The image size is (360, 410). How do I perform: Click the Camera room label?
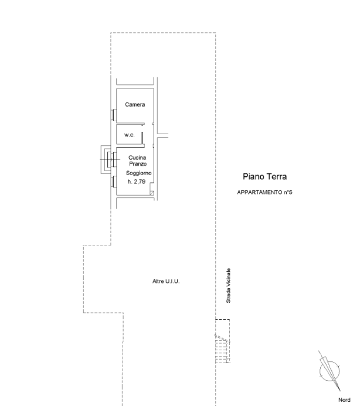[x=135, y=105]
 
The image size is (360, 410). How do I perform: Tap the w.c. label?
[x=130, y=135]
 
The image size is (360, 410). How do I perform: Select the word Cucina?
[x=137, y=158]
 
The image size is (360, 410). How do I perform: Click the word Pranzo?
[x=138, y=164]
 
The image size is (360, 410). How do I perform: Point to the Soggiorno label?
[x=139, y=173]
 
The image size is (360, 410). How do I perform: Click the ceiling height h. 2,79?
[x=137, y=182]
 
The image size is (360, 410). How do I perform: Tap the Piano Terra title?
[x=264, y=176]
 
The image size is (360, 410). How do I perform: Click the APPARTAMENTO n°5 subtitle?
[x=264, y=193]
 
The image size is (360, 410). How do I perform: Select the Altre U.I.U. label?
[x=166, y=281]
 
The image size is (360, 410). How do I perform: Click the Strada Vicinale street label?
[x=229, y=286]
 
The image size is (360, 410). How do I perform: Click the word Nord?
[x=344, y=400]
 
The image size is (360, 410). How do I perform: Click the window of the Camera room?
[x=114, y=115]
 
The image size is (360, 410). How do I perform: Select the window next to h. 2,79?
[x=114, y=182]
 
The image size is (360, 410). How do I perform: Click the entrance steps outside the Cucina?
[x=106, y=159]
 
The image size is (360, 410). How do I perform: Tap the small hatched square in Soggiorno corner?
[x=152, y=193]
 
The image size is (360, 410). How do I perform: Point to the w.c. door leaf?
[x=142, y=138]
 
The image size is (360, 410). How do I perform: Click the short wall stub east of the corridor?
[x=162, y=135]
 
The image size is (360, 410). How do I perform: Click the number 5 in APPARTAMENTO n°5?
[x=291, y=193]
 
